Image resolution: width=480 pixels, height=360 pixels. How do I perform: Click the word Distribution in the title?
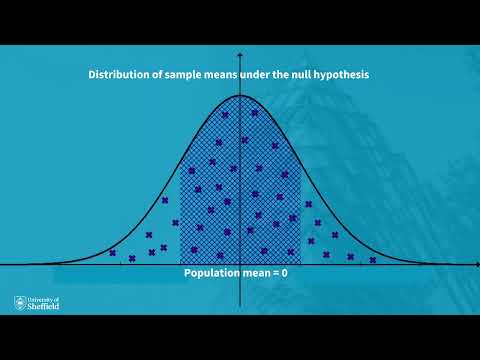(x=119, y=75)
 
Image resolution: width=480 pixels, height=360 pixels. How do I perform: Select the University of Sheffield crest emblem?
(x=20, y=302)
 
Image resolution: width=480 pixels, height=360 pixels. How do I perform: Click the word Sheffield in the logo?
(x=45, y=307)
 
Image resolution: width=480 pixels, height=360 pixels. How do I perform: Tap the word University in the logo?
(x=43, y=299)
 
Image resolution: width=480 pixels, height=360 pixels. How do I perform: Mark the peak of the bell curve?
(x=240, y=95)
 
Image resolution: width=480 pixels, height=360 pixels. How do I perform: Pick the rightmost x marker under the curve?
(x=373, y=260)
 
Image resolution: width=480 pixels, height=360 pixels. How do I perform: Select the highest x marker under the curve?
(x=225, y=114)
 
